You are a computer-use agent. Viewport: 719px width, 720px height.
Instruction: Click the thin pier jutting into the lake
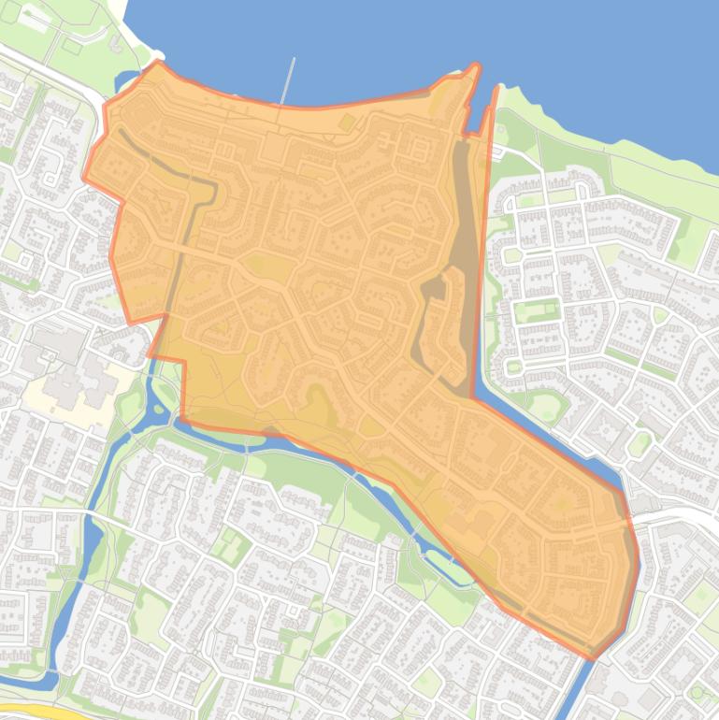[289, 80]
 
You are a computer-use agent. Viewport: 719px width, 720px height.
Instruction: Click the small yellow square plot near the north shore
[348, 122]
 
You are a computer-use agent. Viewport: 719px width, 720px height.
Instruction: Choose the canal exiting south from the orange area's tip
[577, 687]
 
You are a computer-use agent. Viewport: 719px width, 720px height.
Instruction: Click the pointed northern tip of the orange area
[475, 66]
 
